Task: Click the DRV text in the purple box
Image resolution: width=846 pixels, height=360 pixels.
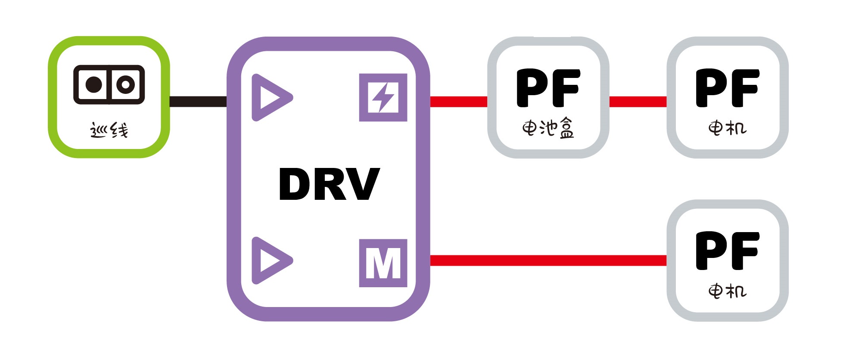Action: click(x=330, y=184)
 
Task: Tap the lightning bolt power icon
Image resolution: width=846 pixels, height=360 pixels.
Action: click(x=383, y=97)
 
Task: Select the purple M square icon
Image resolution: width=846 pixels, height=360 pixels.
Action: click(x=383, y=263)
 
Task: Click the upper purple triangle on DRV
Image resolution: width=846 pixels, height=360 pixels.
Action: click(x=270, y=97)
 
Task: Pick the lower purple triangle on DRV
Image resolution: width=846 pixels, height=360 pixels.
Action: click(x=270, y=261)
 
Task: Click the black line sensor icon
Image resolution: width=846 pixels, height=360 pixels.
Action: click(x=109, y=84)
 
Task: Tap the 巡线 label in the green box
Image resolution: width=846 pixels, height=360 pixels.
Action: click(x=109, y=130)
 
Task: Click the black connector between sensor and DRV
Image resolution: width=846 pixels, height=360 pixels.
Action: click(x=198, y=101)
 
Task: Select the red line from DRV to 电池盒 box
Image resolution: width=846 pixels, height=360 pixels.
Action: click(x=459, y=102)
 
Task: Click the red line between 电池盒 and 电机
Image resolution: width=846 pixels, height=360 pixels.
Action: click(x=638, y=102)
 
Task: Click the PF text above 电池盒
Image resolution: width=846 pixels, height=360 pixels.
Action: click(x=548, y=88)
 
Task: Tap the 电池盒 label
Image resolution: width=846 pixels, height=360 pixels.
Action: click(x=548, y=128)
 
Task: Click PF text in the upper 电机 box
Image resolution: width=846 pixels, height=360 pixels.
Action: click(x=727, y=88)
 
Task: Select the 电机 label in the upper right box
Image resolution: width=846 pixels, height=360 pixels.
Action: click(x=727, y=128)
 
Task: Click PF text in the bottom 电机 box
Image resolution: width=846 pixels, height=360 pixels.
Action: click(x=727, y=251)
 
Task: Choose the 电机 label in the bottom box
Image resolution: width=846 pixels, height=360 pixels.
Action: click(x=727, y=291)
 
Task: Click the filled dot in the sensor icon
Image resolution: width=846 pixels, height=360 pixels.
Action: click(x=94, y=84)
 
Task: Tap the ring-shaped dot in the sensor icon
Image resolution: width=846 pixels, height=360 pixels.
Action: click(x=125, y=84)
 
